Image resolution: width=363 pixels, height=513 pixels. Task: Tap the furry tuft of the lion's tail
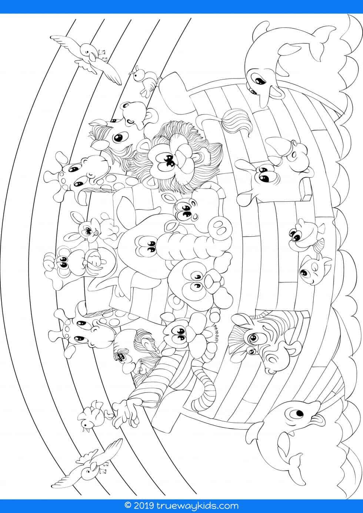tap(234, 122)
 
